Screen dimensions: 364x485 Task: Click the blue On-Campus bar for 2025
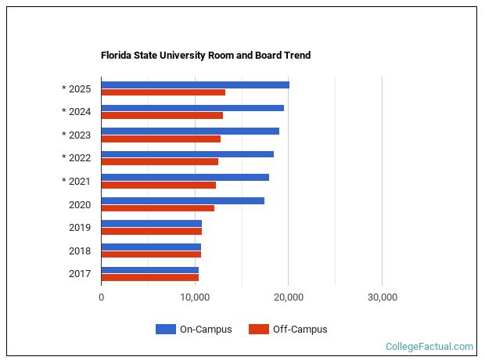[x=195, y=85]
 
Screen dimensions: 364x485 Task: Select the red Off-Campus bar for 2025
[x=163, y=92]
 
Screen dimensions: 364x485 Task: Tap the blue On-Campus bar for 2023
[x=190, y=131]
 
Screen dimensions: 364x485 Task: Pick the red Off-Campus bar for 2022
[x=160, y=162]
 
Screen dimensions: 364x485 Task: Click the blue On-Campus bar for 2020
[x=182, y=200]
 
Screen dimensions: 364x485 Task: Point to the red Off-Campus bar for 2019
[x=151, y=232]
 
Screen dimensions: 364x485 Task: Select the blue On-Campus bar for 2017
[x=149, y=270]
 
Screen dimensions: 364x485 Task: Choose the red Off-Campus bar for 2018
[x=151, y=254]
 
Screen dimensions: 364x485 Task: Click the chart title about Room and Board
[x=206, y=56]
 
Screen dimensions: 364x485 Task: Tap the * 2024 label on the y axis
[x=77, y=111]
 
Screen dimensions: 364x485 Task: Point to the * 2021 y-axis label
[x=77, y=182]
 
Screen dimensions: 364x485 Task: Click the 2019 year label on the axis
[x=80, y=228]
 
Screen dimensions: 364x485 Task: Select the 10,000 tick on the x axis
[x=195, y=297]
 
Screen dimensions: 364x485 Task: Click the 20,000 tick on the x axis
[x=289, y=297]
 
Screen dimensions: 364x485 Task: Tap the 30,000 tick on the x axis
[x=382, y=297]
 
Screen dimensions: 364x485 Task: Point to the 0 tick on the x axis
[x=102, y=297]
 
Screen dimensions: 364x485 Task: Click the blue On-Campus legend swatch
[x=165, y=330]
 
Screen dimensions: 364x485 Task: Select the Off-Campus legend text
[x=300, y=330]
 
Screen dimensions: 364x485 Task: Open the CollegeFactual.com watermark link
[x=429, y=346]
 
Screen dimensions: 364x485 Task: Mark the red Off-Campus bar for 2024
[x=162, y=116]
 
